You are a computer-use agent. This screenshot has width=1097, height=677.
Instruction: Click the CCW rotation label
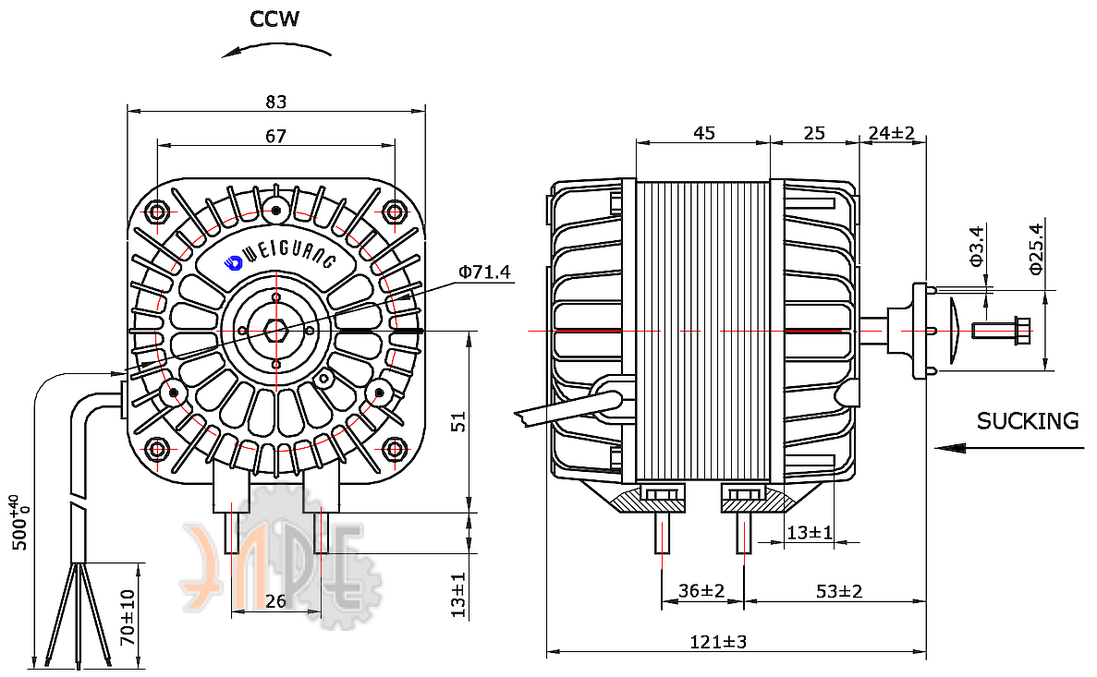(x=274, y=18)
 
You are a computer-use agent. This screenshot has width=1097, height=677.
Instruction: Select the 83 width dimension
(x=276, y=103)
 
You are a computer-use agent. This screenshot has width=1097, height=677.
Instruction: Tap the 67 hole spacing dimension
(x=276, y=136)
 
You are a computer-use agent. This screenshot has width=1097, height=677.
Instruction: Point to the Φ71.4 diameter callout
(x=484, y=272)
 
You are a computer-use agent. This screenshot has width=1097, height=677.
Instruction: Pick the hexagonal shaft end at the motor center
(x=276, y=330)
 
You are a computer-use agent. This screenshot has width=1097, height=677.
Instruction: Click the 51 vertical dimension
(x=458, y=422)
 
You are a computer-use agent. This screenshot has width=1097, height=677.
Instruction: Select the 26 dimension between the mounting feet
(x=276, y=600)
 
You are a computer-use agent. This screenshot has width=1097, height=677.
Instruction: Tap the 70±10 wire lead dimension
(x=128, y=618)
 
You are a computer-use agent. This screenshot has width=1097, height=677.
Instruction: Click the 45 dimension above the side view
(x=704, y=133)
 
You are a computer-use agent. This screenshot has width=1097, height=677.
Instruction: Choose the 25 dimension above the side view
(x=814, y=133)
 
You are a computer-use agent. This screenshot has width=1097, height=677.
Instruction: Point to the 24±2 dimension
(x=891, y=133)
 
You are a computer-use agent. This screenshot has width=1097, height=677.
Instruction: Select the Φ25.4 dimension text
(x=1036, y=248)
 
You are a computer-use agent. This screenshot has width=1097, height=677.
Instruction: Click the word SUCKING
(x=1028, y=421)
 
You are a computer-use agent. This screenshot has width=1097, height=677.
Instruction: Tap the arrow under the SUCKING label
(x=1010, y=448)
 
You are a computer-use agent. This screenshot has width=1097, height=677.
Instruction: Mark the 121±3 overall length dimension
(x=718, y=641)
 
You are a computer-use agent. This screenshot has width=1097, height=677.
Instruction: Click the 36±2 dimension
(x=701, y=591)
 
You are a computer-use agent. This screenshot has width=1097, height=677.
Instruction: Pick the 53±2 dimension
(x=839, y=591)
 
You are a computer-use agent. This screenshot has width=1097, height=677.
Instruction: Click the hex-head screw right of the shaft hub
(x=1002, y=331)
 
